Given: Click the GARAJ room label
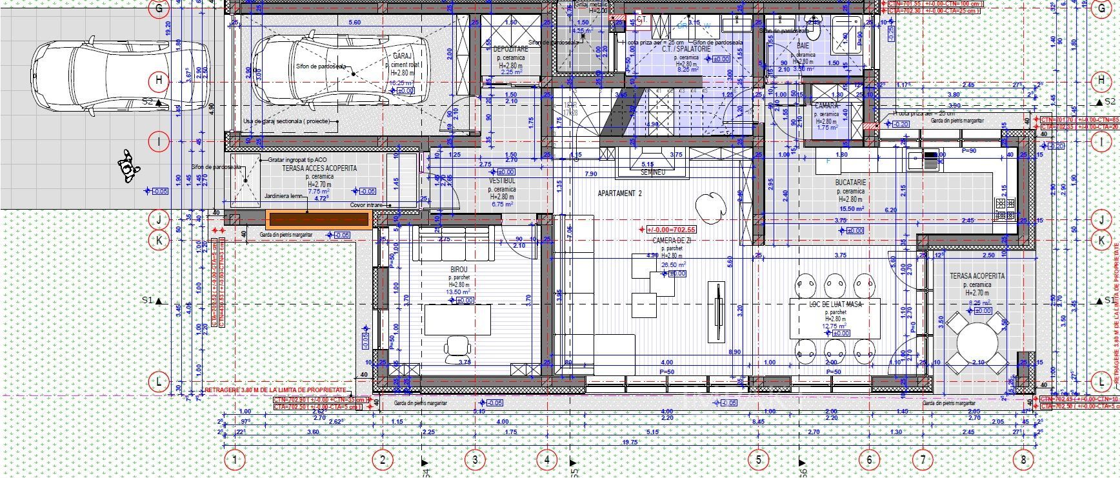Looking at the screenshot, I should (401, 57).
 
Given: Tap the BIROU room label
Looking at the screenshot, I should (459, 270).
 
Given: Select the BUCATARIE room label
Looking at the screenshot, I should (851, 183).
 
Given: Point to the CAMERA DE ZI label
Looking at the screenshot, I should (671, 240).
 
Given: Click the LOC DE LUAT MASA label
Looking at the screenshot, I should (835, 304).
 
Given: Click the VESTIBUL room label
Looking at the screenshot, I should (502, 182).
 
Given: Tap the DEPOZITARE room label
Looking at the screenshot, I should (510, 49).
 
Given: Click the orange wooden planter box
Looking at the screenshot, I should (318, 219).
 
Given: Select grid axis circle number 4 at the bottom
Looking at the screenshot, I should (546, 460).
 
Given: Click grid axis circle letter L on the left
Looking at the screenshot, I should (159, 382).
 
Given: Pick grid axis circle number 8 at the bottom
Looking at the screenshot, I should (1022, 460).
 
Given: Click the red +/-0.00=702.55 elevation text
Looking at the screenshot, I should (671, 230).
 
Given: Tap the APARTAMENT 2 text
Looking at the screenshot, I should (620, 194).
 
